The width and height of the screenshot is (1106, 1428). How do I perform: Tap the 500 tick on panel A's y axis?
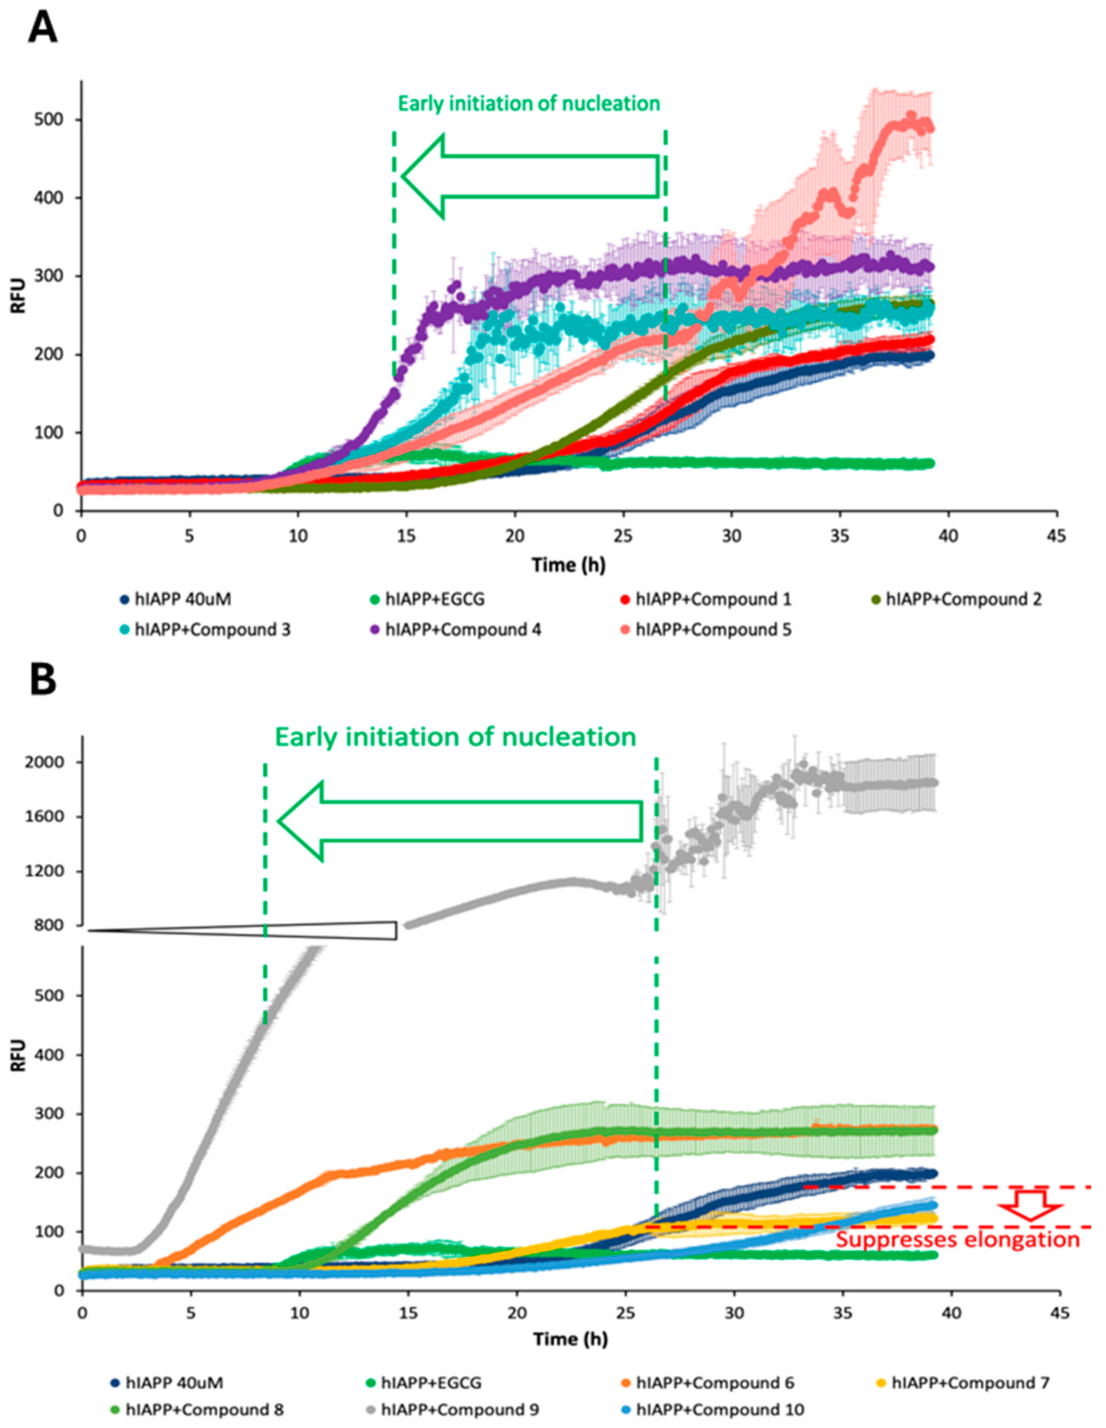point(56,120)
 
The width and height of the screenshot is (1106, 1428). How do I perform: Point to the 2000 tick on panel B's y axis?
point(54,762)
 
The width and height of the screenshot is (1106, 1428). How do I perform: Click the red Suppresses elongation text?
point(958,1240)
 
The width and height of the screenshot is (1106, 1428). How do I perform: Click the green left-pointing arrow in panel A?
point(530,177)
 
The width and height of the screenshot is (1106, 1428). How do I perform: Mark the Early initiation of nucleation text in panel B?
point(455,737)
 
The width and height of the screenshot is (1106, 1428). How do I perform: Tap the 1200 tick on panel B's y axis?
point(54,871)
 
